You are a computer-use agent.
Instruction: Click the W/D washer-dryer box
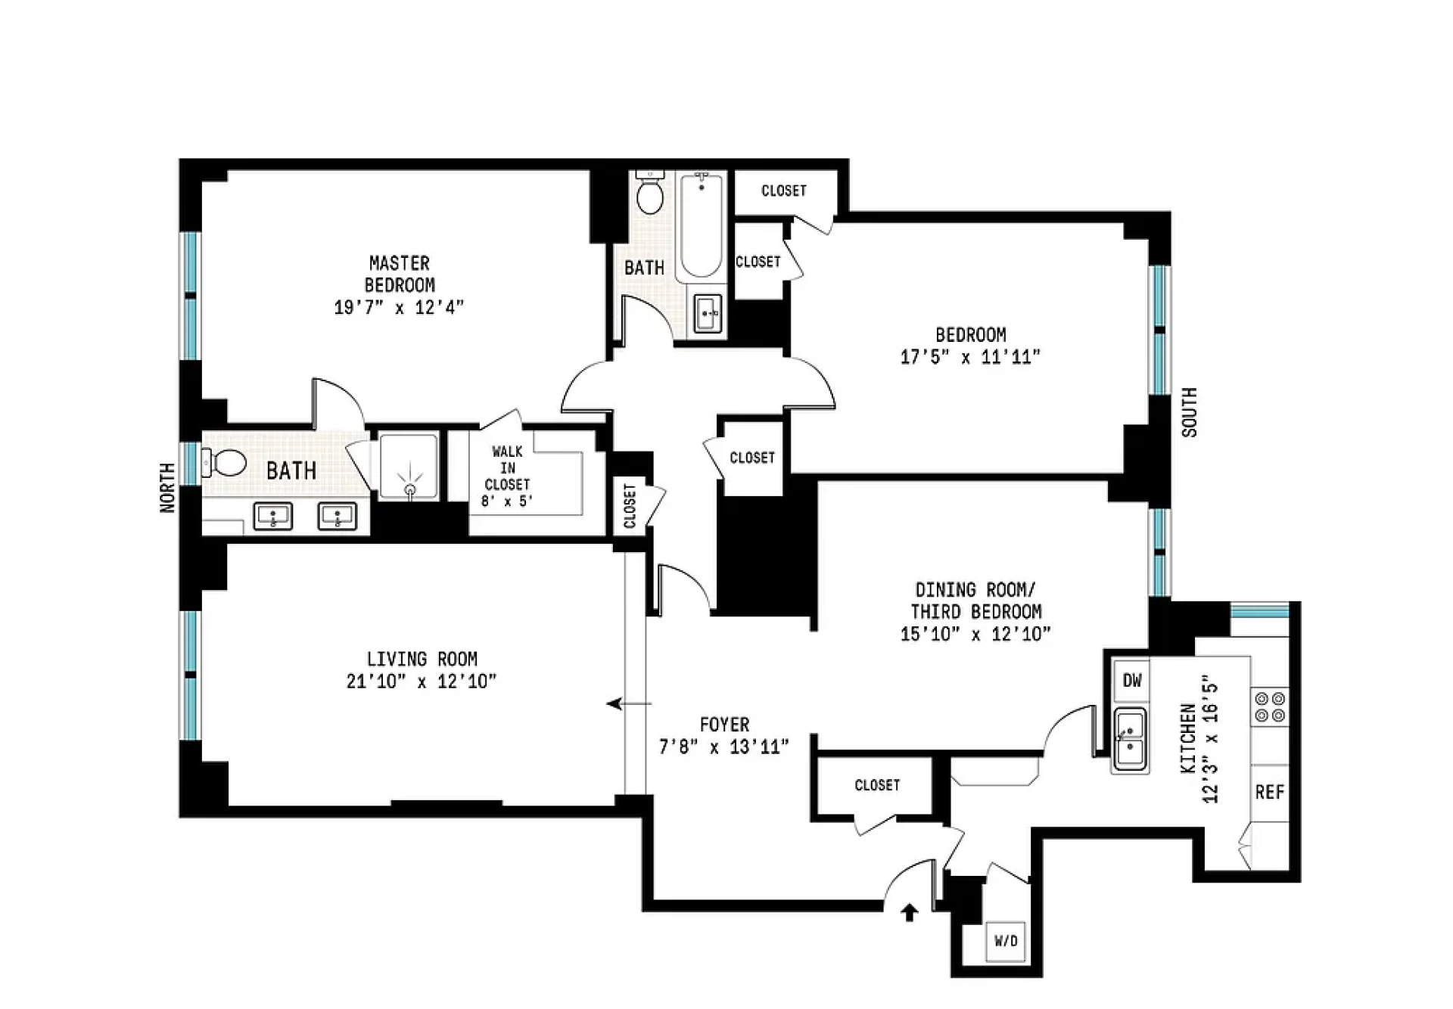pyautogui.click(x=1006, y=941)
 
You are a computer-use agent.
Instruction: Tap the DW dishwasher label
pyautogui.click(x=1131, y=681)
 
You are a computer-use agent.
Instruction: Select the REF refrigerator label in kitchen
pyautogui.click(x=1269, y=792)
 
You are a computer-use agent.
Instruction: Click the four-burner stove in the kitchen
pyautogui.click(x=1270, y=706)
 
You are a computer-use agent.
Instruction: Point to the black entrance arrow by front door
pyautogui.click(x=909, y=913)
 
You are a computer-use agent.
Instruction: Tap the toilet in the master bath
pyautogui.click(x=227, y=462)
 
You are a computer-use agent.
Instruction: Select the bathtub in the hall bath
pyautogui.click(x=701, y=225)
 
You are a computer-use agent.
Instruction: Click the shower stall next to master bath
pyautogui.click(x=409, y=467)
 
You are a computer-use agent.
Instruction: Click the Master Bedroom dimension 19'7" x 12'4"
pyautogui.click(x=399, y=307)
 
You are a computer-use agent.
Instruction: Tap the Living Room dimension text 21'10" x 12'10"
pyautogui.click(x=422, y=681)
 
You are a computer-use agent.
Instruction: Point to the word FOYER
pyautogui.click(x=724, y=725)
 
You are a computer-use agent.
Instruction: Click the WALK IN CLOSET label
pyautogui.click(x=507, y=467)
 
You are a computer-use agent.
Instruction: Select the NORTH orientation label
pyautogui.click(x=167, y=488)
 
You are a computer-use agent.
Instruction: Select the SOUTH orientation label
pyautogui.click(x=1189, y=412)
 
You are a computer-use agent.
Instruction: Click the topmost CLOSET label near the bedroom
pyautogui.click(x=783, y=191)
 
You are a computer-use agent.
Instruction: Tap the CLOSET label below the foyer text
pyautogui.click(x=877, y=785)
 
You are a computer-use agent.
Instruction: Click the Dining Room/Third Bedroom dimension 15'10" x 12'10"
pyautogui.click(x=975, y=634)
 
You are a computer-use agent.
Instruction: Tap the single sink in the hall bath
pyautogui.click(x=708, y=313)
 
